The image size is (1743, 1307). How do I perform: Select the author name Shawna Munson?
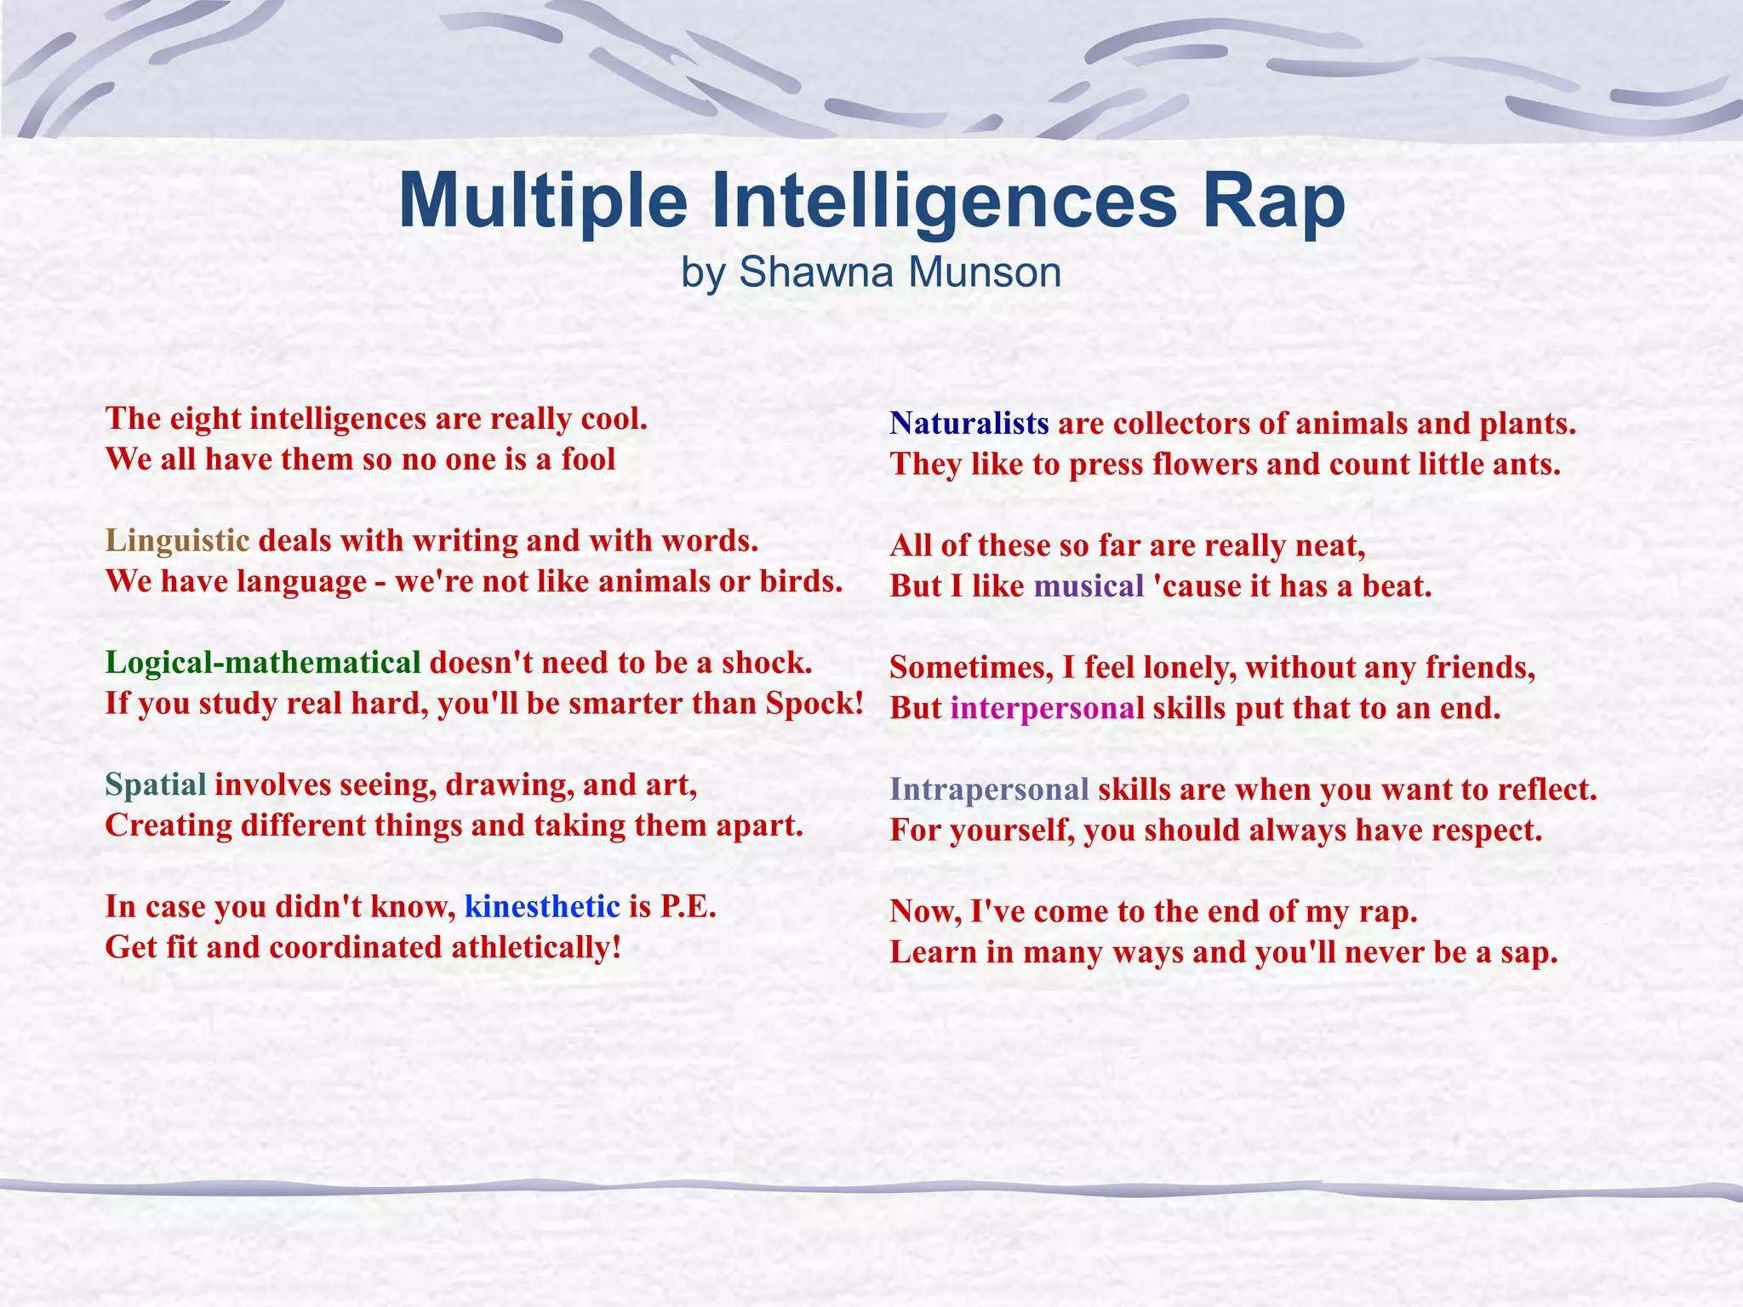click(900, 273)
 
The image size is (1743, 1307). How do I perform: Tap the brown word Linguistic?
click(177, 541)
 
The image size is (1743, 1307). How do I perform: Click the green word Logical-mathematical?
click(263, 663)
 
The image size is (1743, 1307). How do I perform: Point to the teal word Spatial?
click(156, 785)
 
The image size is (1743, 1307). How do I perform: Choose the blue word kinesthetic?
click(542, 907)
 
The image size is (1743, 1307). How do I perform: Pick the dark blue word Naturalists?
click(969, 424)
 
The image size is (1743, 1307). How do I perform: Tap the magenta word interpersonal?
click(1047, 708)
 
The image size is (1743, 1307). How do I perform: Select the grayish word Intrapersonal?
click(989, 790)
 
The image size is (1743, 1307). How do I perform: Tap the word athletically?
click(536, 947)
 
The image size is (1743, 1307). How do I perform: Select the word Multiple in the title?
click(542, 202)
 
